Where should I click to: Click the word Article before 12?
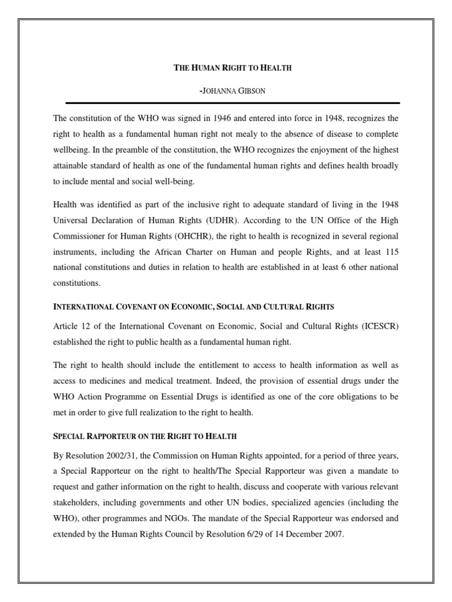(65, 326)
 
